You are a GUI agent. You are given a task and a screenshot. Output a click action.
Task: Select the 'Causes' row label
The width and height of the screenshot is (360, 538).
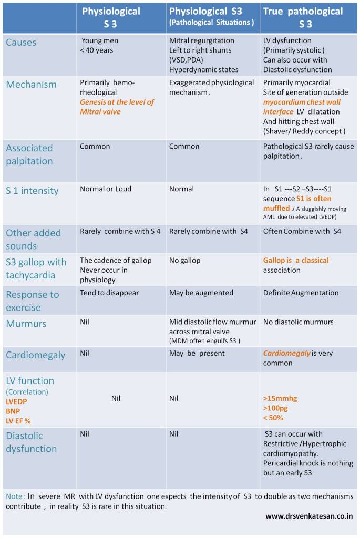(22, 42)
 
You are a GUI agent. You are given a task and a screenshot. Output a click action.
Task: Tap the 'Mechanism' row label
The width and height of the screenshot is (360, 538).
(31, 84)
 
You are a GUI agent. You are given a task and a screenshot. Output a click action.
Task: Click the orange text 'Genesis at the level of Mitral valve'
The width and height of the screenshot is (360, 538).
(117, 107)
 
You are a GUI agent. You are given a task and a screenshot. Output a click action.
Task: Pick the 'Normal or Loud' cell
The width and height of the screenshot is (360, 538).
(106, 189)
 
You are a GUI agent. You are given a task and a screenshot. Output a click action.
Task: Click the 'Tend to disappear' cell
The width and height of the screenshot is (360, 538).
(109, 293)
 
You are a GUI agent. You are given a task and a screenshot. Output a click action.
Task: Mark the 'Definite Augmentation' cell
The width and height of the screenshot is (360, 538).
(301, 293)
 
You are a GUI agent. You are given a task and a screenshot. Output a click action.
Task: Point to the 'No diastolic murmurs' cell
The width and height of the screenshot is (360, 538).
(298, 322)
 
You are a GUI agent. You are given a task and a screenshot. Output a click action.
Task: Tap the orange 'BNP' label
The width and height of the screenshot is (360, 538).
(13, 411)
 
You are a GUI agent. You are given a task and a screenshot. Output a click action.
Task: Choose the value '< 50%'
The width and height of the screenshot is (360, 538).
(273, 418)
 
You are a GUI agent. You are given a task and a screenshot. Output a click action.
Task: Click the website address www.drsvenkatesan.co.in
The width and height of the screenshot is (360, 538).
(309, 516)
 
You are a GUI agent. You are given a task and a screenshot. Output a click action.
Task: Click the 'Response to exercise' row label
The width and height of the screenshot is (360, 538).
(32, 301)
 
